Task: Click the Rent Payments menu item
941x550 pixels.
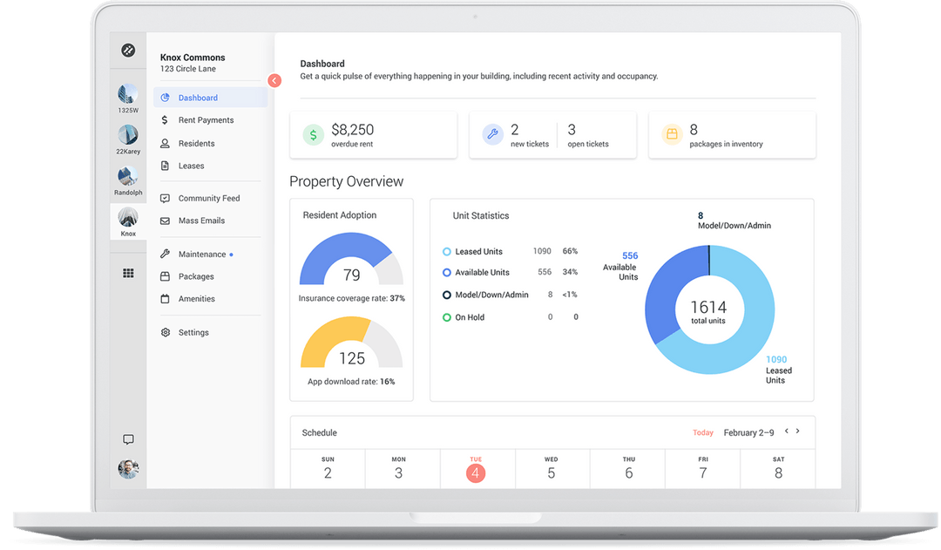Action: coord(206,120)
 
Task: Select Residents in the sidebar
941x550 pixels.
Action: coord(196,143)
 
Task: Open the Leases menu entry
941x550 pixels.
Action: coord(191,166)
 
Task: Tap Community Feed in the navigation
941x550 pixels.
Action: coord(208,198)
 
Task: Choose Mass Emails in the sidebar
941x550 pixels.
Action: coord(201,221)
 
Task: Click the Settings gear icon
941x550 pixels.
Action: coord(165,332)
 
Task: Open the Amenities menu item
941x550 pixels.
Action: coord(196,299)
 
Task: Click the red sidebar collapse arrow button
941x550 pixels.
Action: coord(274,80)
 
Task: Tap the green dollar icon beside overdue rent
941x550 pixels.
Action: coord(313,134)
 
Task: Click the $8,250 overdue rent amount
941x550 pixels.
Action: coord(352,130)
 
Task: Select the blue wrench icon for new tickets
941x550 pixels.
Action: coord(492,134)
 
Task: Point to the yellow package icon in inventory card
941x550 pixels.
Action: coord(672,134)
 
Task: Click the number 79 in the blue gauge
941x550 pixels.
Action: coord(351,275)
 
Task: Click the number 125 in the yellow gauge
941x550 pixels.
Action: coord(351,358)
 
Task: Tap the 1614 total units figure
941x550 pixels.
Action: coord(708,307)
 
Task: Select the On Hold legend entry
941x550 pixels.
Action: coord(469,317)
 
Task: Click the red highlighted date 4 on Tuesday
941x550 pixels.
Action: coord(475,473)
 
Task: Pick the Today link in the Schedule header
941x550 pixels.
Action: coord(703,432)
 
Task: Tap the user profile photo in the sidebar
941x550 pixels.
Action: coord(128,469)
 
